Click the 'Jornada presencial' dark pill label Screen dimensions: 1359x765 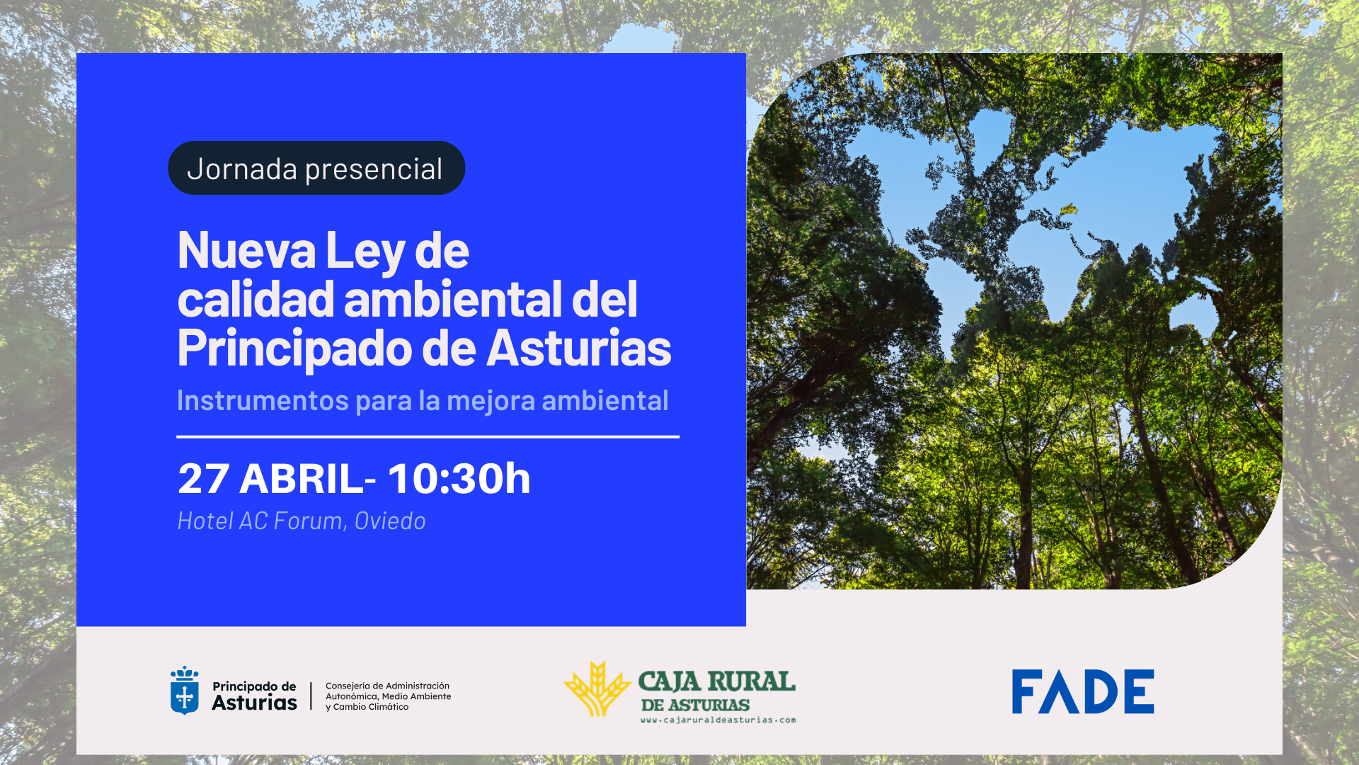[316, 168]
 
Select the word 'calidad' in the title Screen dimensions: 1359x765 [256, 298]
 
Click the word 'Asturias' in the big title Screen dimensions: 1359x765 [579, 348]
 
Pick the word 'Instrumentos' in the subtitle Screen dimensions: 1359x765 [263, 401]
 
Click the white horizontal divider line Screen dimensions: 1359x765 [428, 437]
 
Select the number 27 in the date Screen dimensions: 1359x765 [204, 479]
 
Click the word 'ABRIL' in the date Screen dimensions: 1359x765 [302, 479]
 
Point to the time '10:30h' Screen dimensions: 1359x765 [459, 478]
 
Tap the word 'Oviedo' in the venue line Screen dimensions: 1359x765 [390, 521]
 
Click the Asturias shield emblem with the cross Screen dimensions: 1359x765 [185, 691]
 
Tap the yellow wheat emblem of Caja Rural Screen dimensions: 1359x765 [597, 689]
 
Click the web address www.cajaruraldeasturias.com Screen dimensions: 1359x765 [718, 720]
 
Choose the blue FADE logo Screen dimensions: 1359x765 [1083, 691]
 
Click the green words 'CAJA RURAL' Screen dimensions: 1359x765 [716, 681]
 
